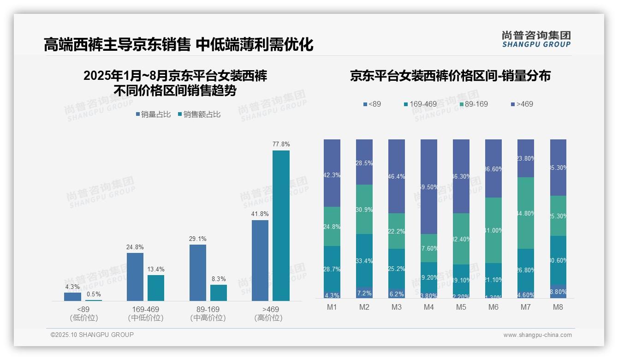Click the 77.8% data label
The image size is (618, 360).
tap(281, 144)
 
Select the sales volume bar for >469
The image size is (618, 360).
tap(260, 260)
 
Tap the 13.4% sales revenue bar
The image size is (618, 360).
tap(156, 288)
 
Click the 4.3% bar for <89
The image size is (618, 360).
tap(72, 296)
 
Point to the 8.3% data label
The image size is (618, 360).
tap(218, 279)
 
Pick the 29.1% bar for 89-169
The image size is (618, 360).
tap(197, 272)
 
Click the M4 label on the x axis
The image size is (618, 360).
tap(428, 307)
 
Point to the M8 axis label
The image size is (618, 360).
tap(558, 307)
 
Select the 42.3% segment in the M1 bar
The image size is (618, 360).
tap(332, 173)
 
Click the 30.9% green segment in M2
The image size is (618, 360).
tap(364, 209)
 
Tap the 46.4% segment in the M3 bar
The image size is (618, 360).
tap(397, 176)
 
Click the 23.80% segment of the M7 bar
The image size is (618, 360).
tap(525, 158)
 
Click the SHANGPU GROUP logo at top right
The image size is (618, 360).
tap(536, 39)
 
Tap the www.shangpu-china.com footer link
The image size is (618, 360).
tap(537, 335)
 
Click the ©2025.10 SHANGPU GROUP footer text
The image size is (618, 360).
tap(92, 335)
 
